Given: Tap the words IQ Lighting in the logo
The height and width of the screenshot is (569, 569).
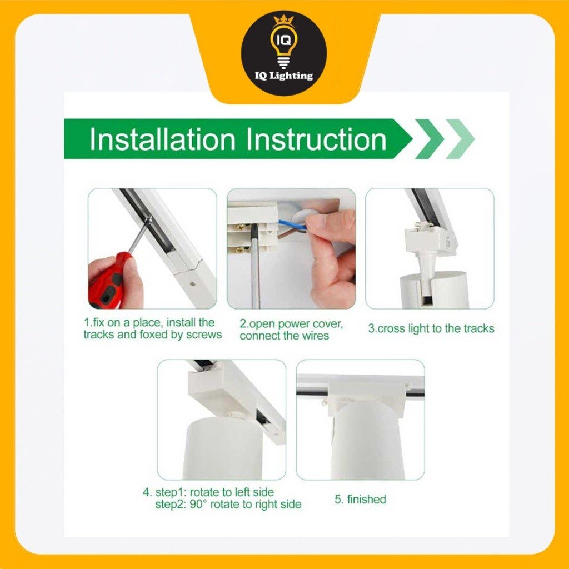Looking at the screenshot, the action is (x=284, y=76).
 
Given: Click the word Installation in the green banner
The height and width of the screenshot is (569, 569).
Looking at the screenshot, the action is (x=162, y=139).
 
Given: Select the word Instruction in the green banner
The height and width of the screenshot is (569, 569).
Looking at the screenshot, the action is (x=316, y=139).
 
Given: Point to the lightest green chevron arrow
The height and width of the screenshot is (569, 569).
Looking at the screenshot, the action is (x=460, y=139).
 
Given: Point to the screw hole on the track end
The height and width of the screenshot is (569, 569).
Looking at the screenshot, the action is (x=192, y=282).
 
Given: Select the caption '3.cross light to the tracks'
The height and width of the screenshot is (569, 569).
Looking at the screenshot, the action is (x=431, y=328).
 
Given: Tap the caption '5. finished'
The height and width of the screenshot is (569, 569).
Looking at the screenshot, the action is (x=360, y=500).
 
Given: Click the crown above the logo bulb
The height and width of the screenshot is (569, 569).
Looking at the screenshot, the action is (x=284, y=21).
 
